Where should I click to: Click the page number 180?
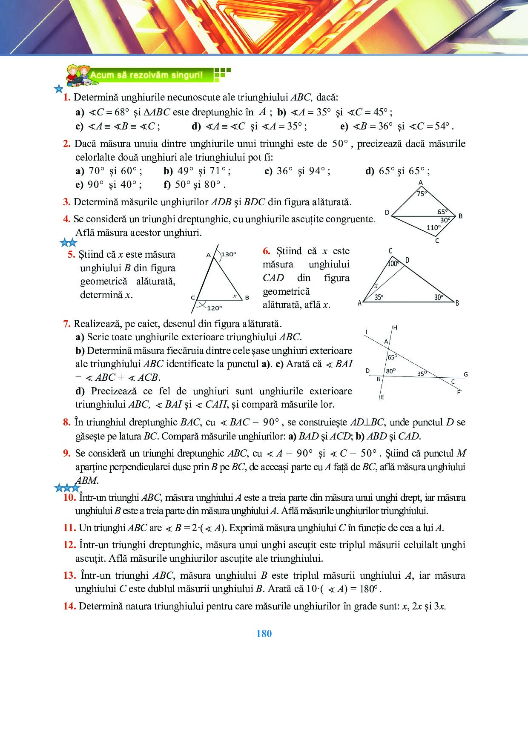[x=264, y=634]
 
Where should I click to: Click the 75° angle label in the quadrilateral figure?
[x=421, y=193]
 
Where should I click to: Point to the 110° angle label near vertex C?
[x=433, y=227]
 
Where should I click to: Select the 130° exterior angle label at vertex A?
[x=229, y=254]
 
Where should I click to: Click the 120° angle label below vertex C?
[x=214, y=307]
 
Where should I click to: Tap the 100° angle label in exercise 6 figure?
[x=393, y=264]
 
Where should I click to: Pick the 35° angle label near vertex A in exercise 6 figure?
[x=379, y=297]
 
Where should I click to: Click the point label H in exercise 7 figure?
[x=395, y=328]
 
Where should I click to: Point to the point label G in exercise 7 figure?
[x=465, y=374]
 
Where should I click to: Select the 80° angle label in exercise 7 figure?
[x=390, y=371]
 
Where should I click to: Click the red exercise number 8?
[x=67, y=422]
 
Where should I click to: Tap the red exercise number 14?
[x=69, y=606]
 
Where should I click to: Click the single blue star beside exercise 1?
[x=58, y=89]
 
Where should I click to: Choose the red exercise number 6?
[x=267, y=251]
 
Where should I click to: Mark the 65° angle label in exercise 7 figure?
[x=392, y=357]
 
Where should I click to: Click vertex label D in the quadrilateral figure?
[x=387, y=212]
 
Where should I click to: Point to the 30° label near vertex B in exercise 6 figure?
[x=439, y=297]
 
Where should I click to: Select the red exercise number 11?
[x=69, y=528]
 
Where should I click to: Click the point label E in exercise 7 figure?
[x=382, y=397]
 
